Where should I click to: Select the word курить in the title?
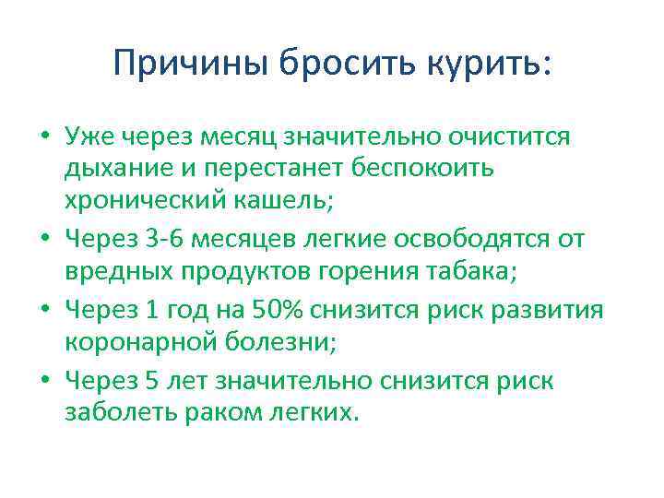click(x=486, y=65)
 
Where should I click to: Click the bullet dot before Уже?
click(x=44, y=138)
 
